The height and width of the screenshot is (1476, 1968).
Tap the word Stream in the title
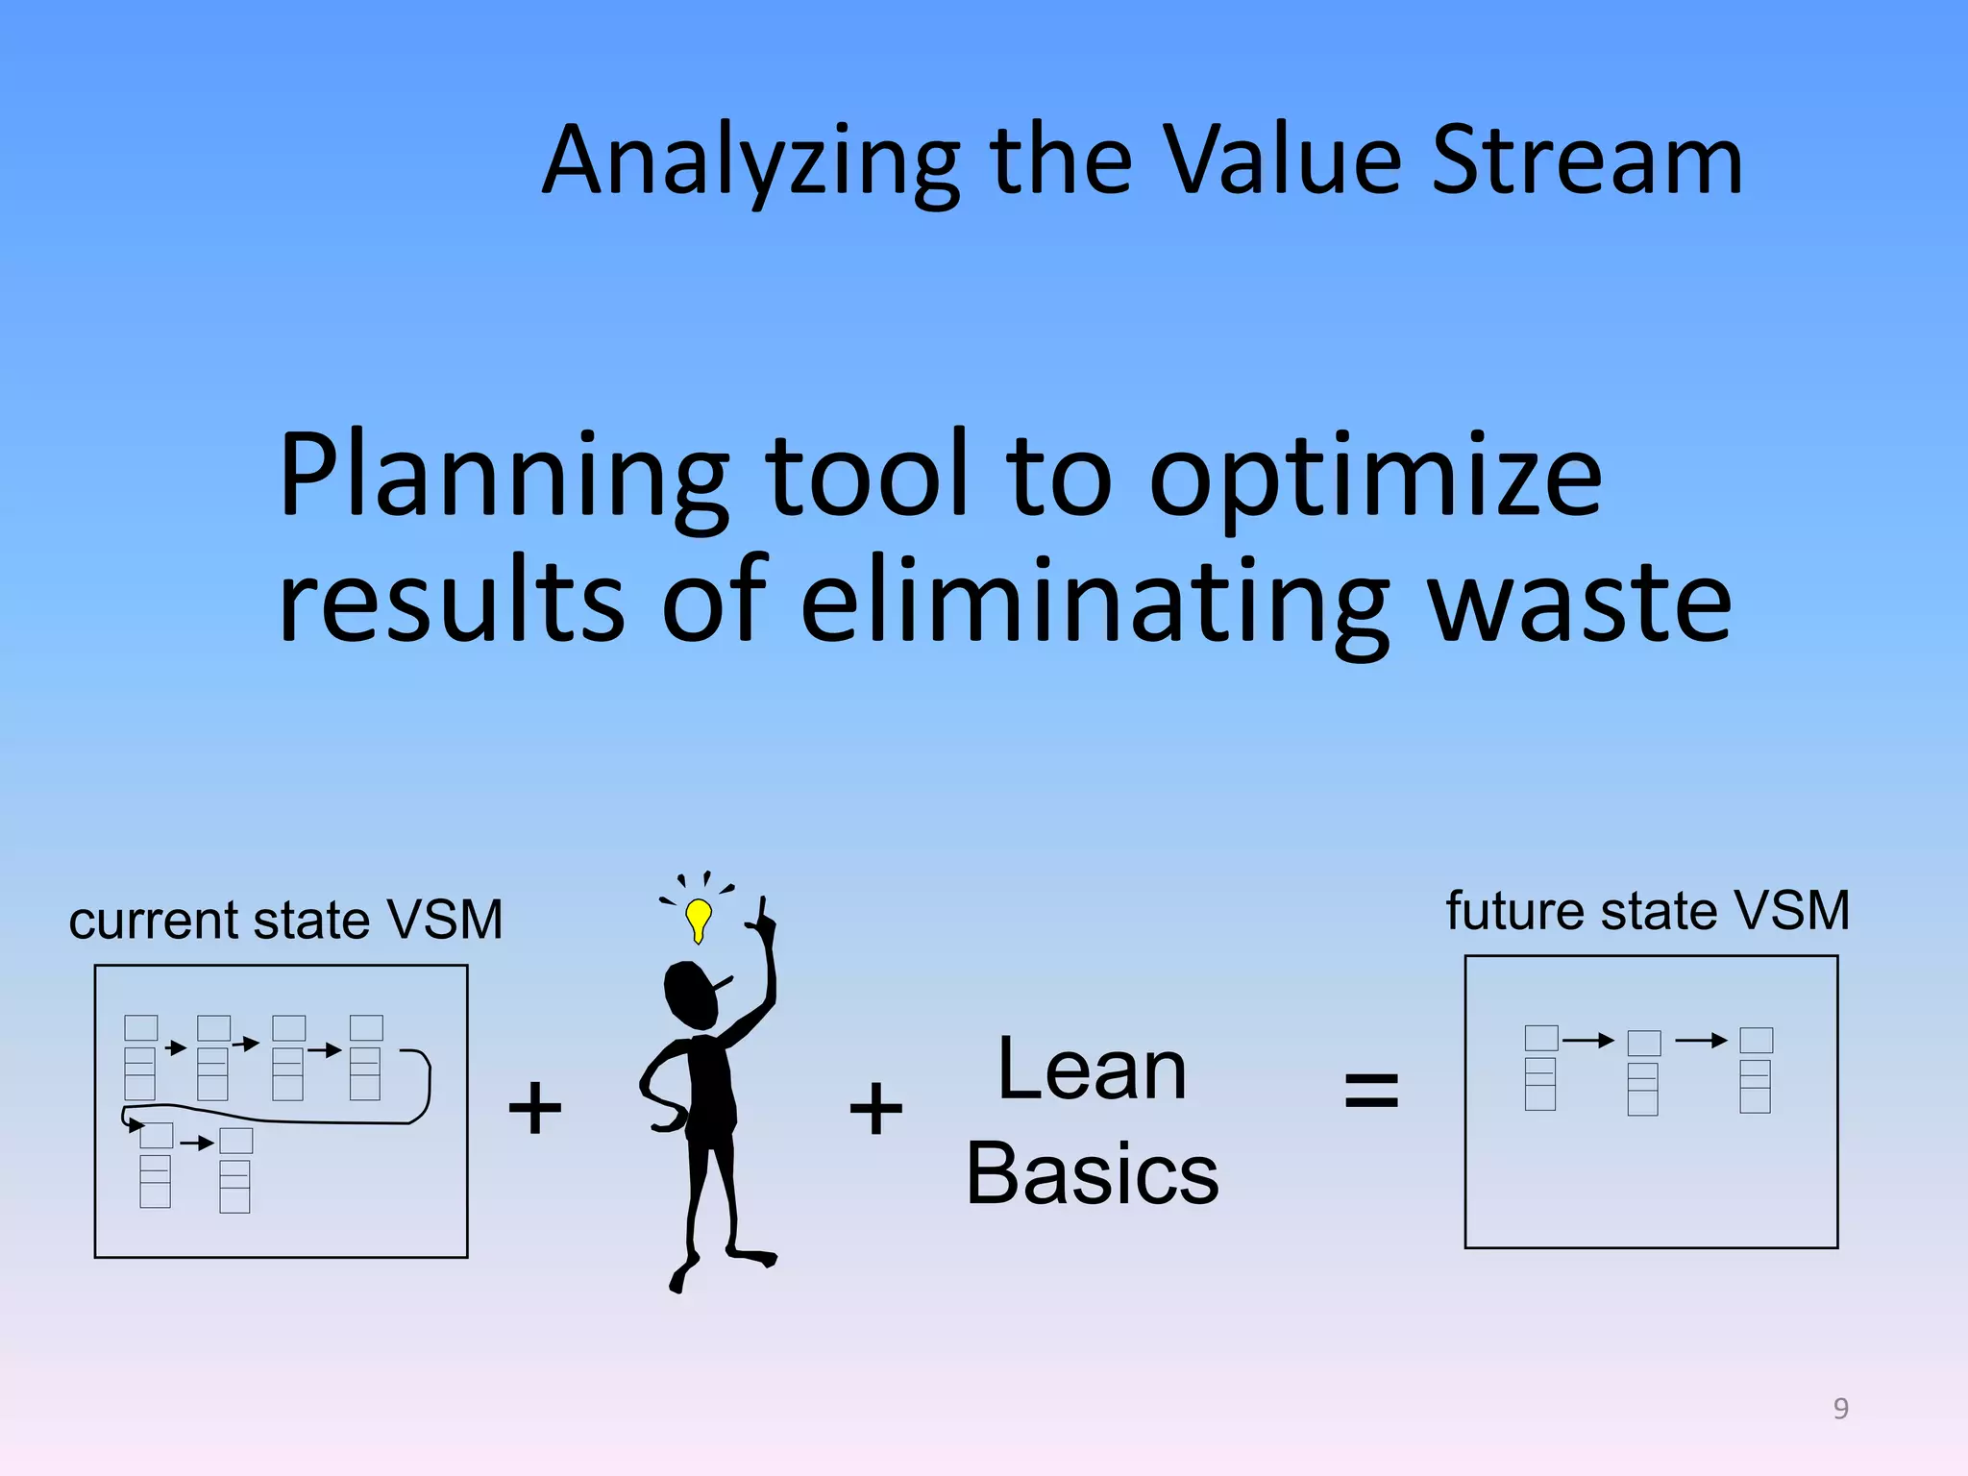coord(1587,161)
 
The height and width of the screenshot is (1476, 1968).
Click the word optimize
coord(1375,478)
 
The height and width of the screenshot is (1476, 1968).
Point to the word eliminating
coord(1095,603)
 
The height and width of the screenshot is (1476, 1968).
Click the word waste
coord(1581,603)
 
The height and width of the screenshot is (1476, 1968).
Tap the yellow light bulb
coord(699,918)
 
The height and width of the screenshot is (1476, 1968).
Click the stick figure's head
coord(691,996)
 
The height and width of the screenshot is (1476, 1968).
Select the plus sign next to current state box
coord(534,1107)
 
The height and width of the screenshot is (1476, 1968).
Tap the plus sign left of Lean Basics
coord(875,1107)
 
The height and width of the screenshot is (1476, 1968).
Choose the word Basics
coord(1093,1174)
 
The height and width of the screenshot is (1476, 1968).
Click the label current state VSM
coord(285,920)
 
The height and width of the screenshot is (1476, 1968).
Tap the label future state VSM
coord(1647,910)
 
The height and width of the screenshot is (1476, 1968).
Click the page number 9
coord(1840,1408)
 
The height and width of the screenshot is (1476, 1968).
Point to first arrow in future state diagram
coord(1587,1040)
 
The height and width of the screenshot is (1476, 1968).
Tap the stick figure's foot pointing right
coord(753,1256)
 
